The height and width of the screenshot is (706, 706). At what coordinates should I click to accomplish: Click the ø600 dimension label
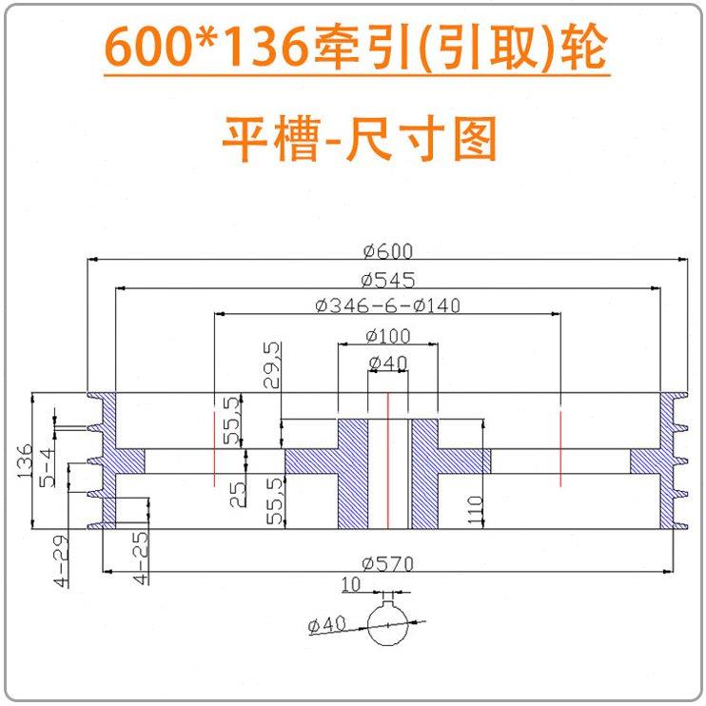point(387,251)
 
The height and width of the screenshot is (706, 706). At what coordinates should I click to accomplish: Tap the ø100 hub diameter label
point(387,335)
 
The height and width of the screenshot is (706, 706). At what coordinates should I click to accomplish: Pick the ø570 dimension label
point(387,563)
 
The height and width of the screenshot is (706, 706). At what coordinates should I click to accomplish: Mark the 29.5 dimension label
point(272,365)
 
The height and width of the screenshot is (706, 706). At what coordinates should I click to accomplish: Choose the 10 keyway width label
point(351,584)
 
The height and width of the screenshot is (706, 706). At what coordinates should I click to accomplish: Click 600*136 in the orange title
point(207,48)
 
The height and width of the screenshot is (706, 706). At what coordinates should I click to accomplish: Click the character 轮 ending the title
point(581,48)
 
